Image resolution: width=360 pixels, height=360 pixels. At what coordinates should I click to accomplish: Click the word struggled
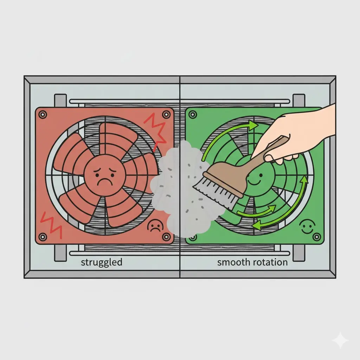pyautogui.click(x=102, y=262)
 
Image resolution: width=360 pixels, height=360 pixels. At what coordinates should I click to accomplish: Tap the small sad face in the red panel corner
pyautogui.click(x=155, y=226)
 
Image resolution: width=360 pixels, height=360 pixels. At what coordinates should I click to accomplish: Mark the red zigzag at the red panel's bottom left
pyautogui.click(x=51, y=225)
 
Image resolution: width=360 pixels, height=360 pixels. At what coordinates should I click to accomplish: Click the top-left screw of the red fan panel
pyautogui.click(x=43, y=114)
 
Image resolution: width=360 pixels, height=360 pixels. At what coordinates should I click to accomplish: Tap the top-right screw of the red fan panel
pyautogui.click(x=166, y=114)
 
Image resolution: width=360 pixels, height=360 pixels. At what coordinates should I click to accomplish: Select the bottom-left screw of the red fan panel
pyautogui.click(x=43, y=237)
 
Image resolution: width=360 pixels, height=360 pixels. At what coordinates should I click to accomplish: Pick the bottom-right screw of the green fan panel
pyautogui.click(x=317, y=237)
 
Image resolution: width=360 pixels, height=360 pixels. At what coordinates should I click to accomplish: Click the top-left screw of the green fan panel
pyautogui.click(x=193, y=114)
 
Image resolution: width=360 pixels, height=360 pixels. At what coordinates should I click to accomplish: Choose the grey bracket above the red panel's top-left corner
pyautogui.click(x=60, y=101)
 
